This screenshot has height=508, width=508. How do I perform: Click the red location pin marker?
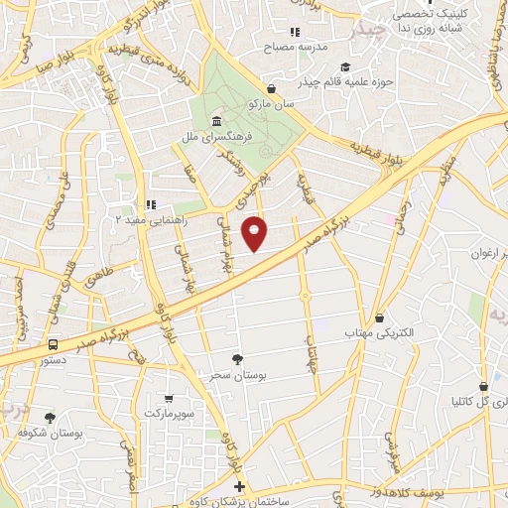pyautogui.click(x=256, y=233)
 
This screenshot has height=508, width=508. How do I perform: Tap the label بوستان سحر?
pyautogui.click(x=237, y=375)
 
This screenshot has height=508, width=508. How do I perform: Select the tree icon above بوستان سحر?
pyautogui.click(x=237, y=359)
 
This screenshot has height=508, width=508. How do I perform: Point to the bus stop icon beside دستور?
pyautogui.click(x=52, y=344)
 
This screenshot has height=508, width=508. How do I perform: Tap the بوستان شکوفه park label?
pyautogui.click(x=50, y=434)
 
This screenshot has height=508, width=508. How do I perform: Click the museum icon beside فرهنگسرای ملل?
pyautogui.click(x=216, y=122)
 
